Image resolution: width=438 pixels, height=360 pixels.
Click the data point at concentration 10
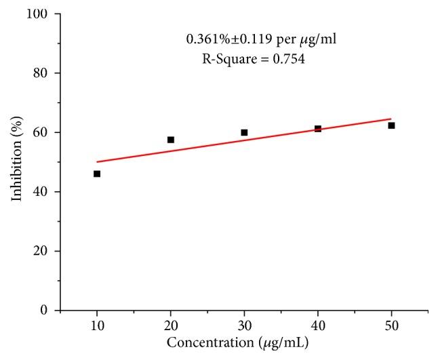[97, 174]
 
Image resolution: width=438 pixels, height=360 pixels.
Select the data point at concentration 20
[171, 140]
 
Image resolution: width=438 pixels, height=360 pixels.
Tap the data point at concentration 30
[244, 132]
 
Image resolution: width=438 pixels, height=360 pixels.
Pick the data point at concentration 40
[318, 128]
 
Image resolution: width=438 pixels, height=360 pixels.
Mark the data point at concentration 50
[391, 125]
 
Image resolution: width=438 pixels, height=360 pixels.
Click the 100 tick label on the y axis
[40, 14]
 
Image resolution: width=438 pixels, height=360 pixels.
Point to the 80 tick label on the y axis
[43, 73]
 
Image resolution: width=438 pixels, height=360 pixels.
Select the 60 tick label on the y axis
[43, 132]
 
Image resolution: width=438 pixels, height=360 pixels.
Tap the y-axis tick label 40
[43, 192]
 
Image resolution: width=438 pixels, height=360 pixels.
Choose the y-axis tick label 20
[43, 251]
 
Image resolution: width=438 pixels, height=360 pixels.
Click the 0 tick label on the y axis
[45, 311]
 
